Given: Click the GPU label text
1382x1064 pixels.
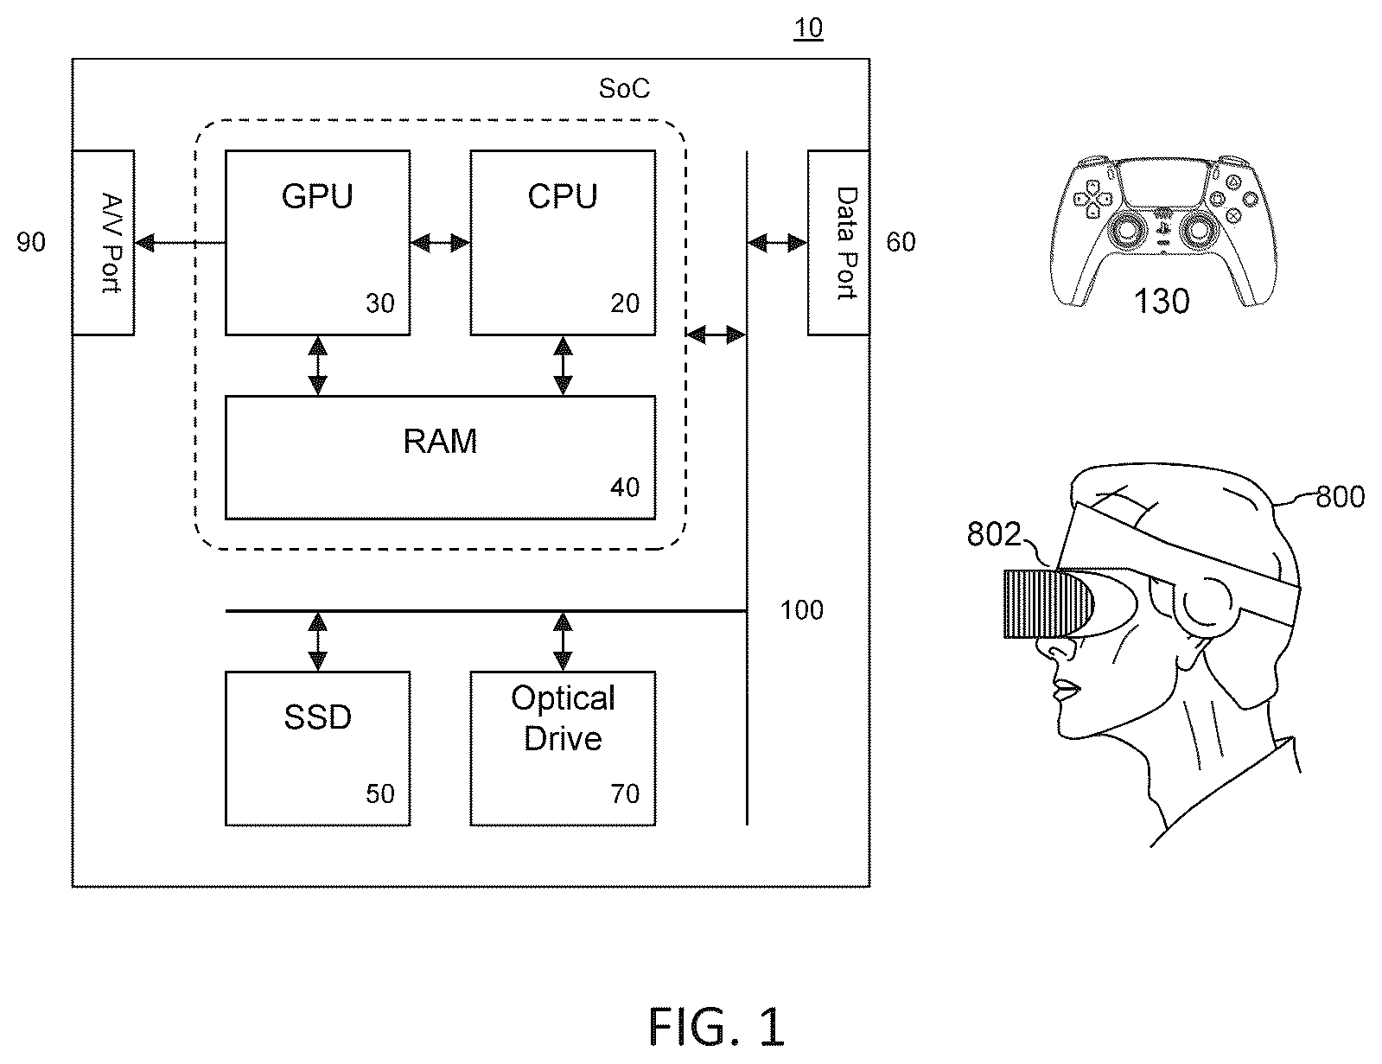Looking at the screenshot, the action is (x=316, y=196).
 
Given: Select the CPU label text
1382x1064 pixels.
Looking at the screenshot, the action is (x=562, y=196).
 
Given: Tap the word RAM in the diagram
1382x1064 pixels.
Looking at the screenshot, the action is (x=440, y=441).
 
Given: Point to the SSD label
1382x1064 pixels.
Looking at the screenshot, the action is (x=317, y=717).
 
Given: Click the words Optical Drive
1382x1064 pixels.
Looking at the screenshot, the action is (x=563, y=718).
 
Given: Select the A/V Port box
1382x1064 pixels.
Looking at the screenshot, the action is (x=103, y=242).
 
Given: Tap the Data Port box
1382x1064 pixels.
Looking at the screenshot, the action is (x=839, y=242).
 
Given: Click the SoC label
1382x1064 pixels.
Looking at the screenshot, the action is (x=624, y=88).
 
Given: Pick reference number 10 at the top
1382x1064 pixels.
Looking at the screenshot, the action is (x=808, y=28).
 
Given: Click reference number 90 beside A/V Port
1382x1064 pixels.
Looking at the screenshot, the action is (x=31, y=242).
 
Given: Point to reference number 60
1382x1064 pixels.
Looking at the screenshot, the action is (x=901, y=242).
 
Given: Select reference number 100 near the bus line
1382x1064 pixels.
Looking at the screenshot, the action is (x=801, y=610).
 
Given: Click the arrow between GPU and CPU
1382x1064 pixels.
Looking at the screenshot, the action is (x=440, y=242).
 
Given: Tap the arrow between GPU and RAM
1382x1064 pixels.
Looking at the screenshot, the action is (x=317, y=366).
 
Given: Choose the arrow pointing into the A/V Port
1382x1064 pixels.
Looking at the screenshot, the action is (x=180, y=242).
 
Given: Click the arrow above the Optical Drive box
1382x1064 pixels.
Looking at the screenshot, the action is (x=563, y=641).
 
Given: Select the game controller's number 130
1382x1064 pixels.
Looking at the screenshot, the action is (x=1162, y=301).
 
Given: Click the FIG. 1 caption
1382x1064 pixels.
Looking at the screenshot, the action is (x=716, y=1026).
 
